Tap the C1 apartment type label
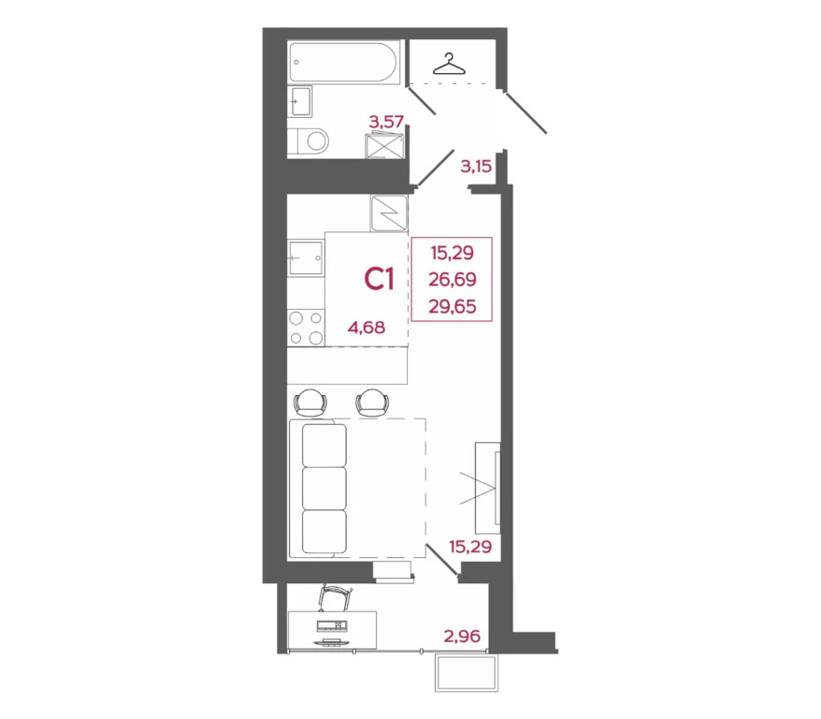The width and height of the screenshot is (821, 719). [382, 279]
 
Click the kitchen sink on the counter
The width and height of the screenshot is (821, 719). [305, 257]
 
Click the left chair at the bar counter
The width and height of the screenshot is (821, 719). [310, 403]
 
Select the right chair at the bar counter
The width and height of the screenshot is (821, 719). [372, 403]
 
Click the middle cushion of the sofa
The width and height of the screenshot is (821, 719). [324, 488]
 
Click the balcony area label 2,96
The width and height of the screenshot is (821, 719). [462, 637]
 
